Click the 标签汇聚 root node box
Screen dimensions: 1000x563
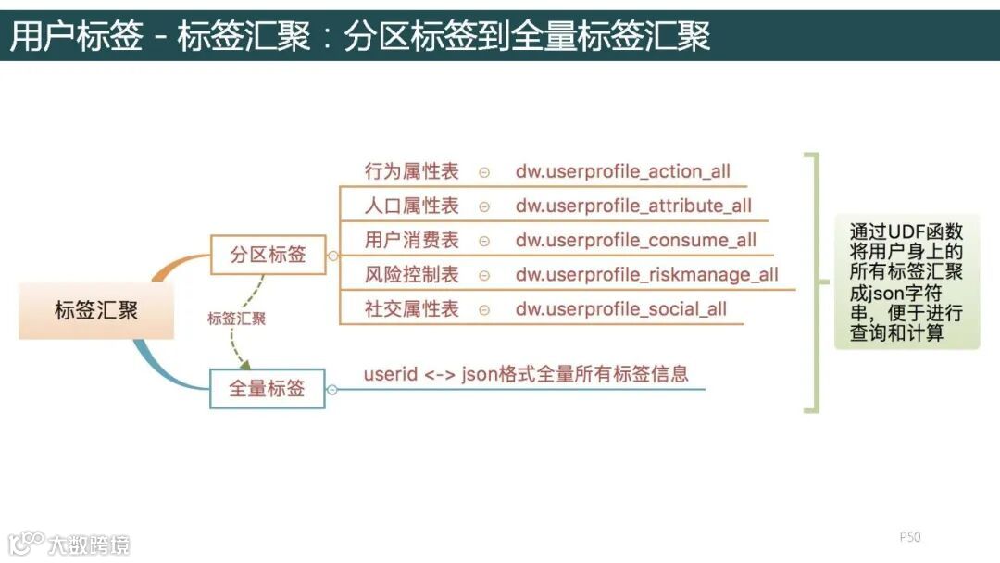pos(96,311)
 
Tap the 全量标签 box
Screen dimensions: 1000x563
pos(267,389)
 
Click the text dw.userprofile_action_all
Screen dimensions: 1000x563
pos(623,171)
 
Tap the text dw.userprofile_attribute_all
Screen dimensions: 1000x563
pos(633,206)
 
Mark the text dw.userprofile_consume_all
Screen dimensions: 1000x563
pos(636,241)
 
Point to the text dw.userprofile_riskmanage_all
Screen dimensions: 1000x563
pos(647,275)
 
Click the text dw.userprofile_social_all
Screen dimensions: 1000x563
pos(621,309)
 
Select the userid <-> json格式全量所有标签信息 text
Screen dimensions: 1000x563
pos(526,375)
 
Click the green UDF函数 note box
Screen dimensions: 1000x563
pos(906,281)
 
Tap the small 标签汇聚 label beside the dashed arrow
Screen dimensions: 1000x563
pos(236,319)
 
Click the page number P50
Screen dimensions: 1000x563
pos(910,537)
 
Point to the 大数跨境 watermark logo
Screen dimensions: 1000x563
pos(69,543)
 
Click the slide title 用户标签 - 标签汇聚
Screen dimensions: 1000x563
pos(359,36)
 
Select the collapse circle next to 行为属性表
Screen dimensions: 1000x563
pos(484,172)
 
